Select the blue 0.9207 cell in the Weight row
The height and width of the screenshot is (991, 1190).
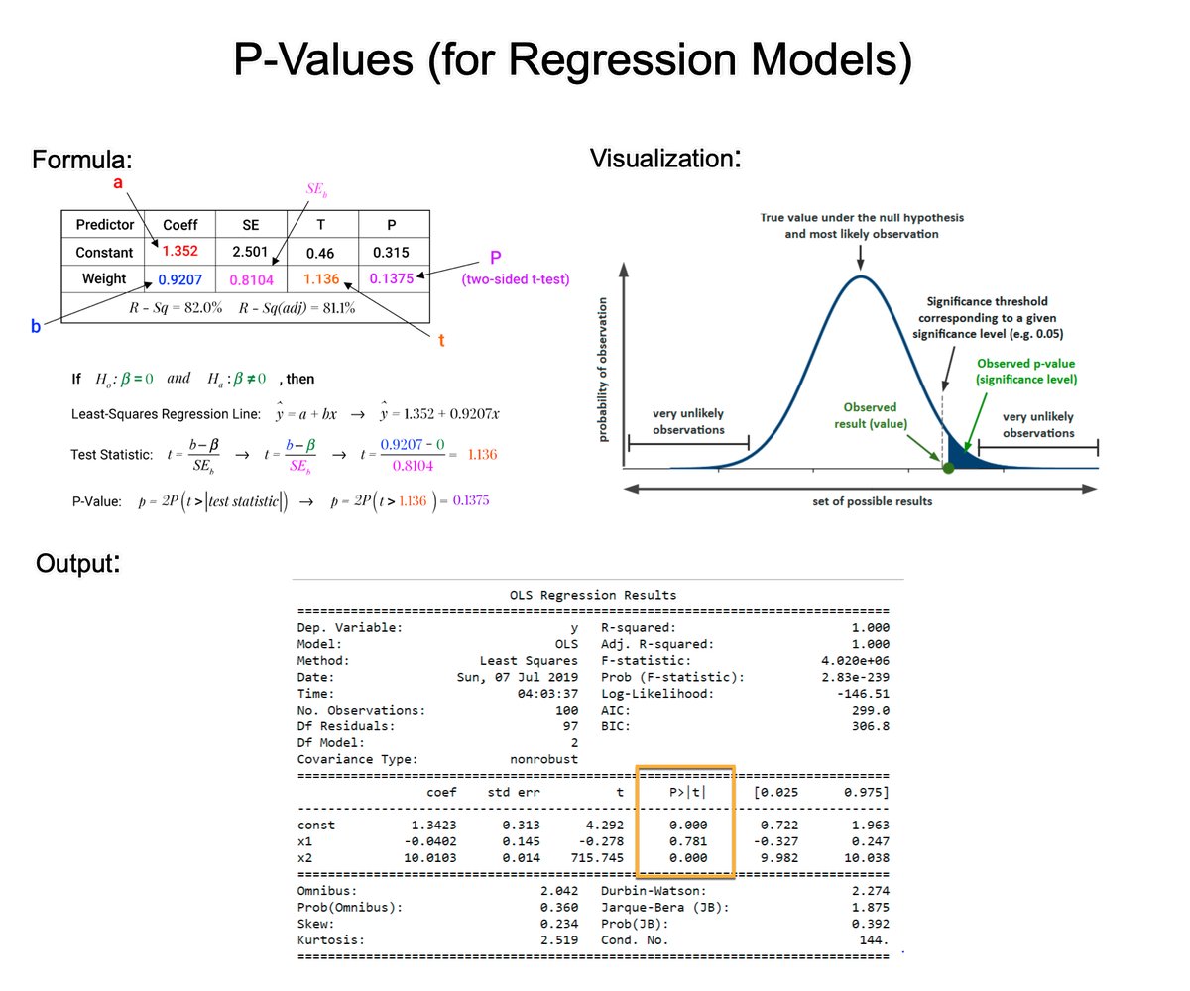tap(180, 280)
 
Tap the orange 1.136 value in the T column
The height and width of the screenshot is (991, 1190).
tap(322, 280)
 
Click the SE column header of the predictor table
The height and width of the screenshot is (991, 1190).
tap(251, 224)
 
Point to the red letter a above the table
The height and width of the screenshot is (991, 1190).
tap(118, 184)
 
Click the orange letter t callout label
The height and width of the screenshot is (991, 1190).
tap(442, 340)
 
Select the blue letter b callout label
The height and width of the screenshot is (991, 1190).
tap(36, 325)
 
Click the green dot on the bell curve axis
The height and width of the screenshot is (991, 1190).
tap(948, 467)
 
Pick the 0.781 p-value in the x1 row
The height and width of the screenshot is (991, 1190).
tap(688, 840)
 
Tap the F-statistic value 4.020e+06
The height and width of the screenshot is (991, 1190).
tap(856, 660)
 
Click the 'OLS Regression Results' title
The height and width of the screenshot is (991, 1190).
tap(593, 595)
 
